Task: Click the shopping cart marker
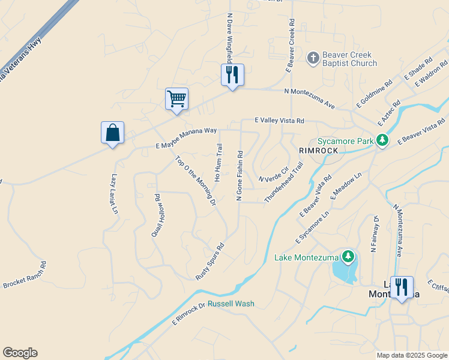point(177,99)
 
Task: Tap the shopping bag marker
point(113,133)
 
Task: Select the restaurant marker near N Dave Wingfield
point(232,75)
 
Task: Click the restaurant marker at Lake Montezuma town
point(401,287)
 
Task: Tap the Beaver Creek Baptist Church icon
point(313,58)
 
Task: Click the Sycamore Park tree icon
point(383,140)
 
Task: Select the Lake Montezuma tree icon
point(348,257)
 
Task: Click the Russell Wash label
point(231,304)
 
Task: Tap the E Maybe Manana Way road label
point(186,137)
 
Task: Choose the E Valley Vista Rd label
point(279,121)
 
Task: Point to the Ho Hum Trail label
point(218,162)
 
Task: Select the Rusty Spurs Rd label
point(210,261)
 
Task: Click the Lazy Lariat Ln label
point(113,194)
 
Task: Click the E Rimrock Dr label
point(188,312)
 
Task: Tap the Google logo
point(20,353)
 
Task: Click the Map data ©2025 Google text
point(411,355)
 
